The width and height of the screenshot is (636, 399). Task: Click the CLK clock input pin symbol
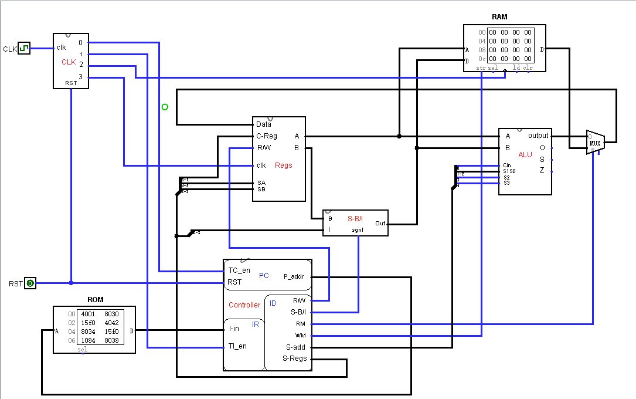(x=23, y=48)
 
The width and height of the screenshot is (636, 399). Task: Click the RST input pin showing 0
(x=30, y=283)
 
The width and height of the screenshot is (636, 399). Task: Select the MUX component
(x=595, y=143)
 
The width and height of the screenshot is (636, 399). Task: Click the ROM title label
(x=95, y=300)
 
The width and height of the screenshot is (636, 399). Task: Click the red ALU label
(x=525, y=154)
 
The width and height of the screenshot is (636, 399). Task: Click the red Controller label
(x=244, y=305)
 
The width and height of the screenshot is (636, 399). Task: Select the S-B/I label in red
(x=356, y=218)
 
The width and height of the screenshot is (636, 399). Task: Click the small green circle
(x=165, y=107)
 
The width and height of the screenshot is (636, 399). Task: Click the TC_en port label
(x=240, y=270)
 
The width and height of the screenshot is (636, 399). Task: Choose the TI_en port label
(x=237, y=346)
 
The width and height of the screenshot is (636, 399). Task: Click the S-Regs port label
(x=294, y=359)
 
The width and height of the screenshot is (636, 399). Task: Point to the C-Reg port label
(x=267, y=136)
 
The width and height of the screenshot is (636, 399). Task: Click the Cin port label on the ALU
(x=507, y=165)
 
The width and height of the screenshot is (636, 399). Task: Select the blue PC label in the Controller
(x=264, y=275)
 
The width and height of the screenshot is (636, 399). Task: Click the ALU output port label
(x=538, y=136)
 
